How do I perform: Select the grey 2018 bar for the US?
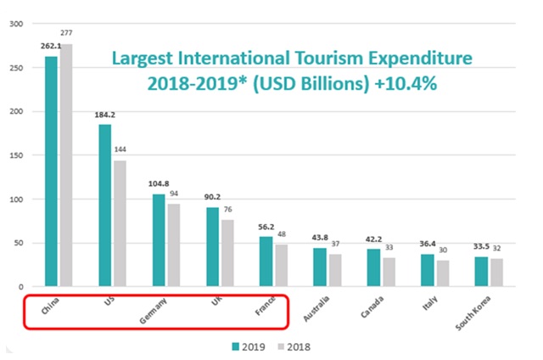click(120, 223)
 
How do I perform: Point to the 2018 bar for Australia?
click(335, 270)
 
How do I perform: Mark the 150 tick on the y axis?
click(15, 155)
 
